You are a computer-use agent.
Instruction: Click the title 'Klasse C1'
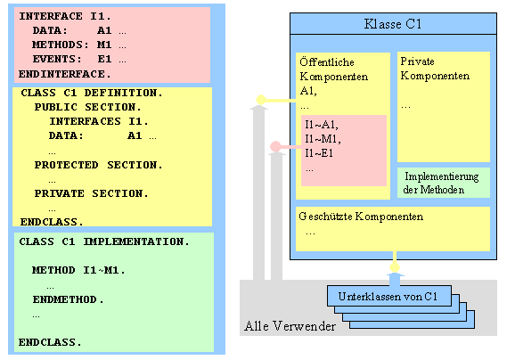coord(393,25)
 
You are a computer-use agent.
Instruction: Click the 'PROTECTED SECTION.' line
coord(98,165)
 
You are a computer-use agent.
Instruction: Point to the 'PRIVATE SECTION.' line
coord(91,192)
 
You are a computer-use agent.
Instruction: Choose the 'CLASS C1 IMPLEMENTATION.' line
coord(103,241)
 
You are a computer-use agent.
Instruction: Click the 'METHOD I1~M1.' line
coord(78,270)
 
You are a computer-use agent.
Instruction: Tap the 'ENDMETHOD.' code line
coord(69,299)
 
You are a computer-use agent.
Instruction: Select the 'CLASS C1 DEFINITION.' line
coord(90,93)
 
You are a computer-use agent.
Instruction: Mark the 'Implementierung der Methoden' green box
coord(443,183)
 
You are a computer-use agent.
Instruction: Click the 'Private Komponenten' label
coord(435,69)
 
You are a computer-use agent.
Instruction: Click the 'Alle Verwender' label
coord(290,326)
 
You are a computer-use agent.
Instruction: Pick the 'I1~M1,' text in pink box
coord(323,138)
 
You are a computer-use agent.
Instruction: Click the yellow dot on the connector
coord(261,99)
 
